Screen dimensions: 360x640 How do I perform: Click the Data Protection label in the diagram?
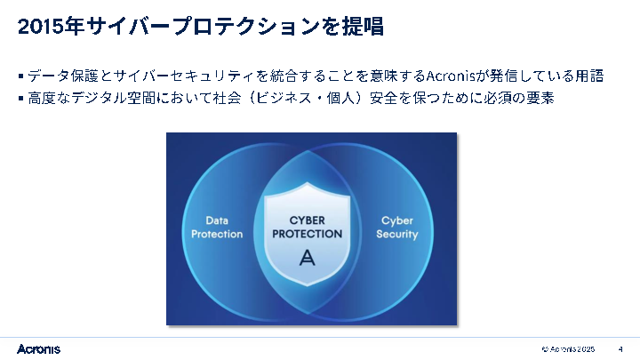click(x=217, y=227)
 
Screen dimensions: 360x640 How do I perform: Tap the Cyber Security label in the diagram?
click(x=396, y=227)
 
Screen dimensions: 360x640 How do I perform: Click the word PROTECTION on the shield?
click(x=307, y=234)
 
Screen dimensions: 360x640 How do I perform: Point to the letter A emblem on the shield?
click(x=308, y=259)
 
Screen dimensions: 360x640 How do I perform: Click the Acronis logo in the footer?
click(x=38, y=348)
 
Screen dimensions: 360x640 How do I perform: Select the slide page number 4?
click(x=620, y=348)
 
